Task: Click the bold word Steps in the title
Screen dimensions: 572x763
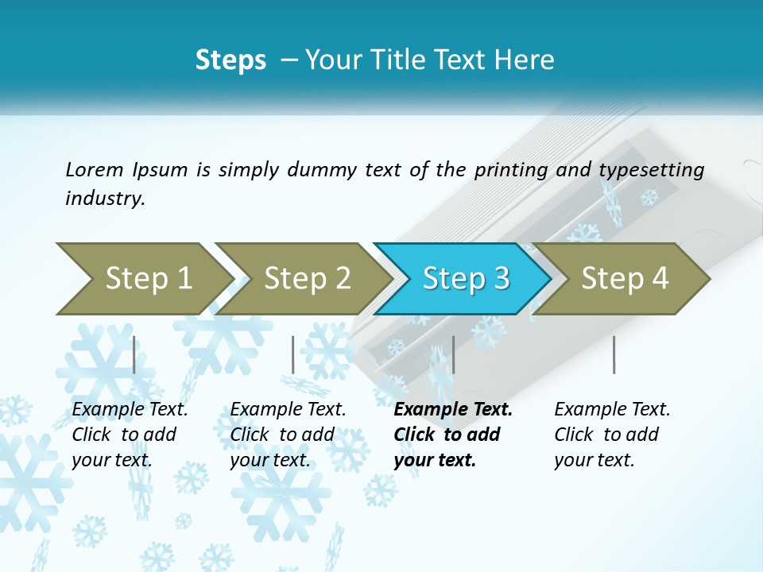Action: click(x=230, y=60)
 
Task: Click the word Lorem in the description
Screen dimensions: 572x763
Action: click(x=95, y=169)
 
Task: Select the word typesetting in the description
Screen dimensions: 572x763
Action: click(x=651, y=169)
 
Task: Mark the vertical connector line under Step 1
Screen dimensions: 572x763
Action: click(x=134, y=354)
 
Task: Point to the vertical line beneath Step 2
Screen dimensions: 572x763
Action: click(x=293, y=354)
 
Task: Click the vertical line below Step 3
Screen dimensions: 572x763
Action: click(x=453, y=354)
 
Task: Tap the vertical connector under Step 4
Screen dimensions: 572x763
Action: click(x=614, y=354)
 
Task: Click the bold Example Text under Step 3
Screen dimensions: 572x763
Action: click(x=453, y=410)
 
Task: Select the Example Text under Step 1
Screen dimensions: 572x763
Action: click(x=130, y=410)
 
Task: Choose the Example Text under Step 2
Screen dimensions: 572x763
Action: click(x=288, y=410)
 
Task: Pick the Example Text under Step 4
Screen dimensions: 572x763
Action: click(x=612, y=410)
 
